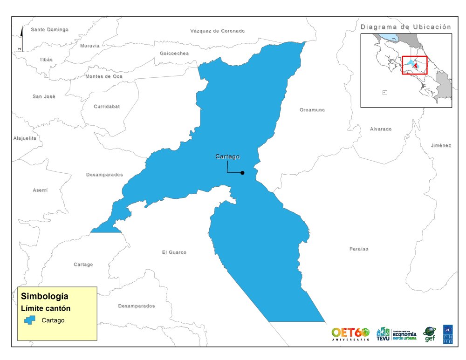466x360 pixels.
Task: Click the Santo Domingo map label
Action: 49,29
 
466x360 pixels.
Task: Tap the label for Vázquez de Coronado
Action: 217,31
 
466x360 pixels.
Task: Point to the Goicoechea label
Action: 174,53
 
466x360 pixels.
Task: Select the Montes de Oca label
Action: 104,76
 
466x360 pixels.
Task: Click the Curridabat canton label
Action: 107,106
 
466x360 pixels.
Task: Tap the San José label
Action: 44,96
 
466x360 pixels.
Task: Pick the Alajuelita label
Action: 25,138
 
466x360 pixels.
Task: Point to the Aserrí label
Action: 41,190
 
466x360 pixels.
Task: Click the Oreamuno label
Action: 312,110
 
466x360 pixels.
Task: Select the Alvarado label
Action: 381,129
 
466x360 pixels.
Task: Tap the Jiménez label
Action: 441,145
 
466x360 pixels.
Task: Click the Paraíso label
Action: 359,249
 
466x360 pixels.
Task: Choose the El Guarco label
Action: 174,252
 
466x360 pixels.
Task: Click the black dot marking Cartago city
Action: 242,173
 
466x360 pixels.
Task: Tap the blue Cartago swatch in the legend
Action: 30,320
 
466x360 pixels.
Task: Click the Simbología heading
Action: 45,296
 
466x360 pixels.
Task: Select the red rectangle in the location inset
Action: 414,65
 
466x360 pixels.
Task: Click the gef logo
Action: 429,334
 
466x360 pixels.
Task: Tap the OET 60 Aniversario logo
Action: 350,333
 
